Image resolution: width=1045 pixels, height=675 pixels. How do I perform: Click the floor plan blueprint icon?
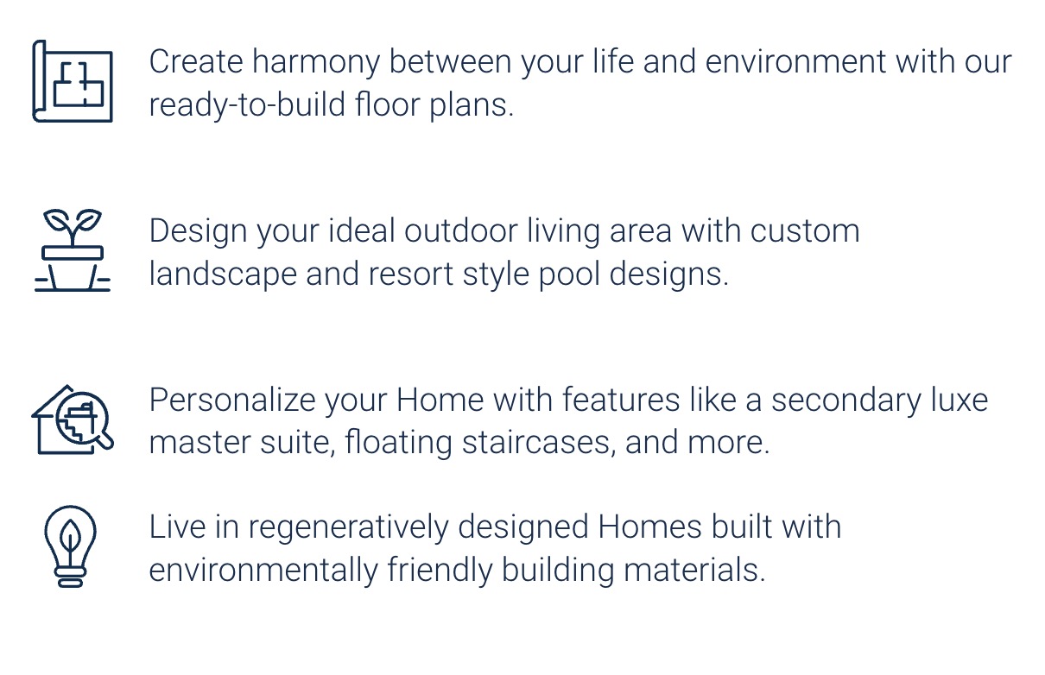(73, 81)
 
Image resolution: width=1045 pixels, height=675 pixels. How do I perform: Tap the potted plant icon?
(73, 250)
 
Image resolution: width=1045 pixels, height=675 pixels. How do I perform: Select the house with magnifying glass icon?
(73, 420)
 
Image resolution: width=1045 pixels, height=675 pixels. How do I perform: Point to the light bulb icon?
(71, 546)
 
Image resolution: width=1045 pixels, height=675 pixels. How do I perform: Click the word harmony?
(316, 63)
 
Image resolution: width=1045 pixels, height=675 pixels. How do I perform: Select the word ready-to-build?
(248, 105)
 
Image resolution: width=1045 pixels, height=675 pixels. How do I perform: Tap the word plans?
(472, 105)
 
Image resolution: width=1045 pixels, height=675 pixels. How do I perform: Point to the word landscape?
(223, 274)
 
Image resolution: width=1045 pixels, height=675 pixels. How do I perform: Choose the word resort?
(410, 274)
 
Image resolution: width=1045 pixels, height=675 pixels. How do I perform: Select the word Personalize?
(232, 400)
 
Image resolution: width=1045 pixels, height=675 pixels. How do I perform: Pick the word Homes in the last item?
(649, 527)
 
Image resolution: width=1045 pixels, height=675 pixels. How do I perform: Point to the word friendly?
(440, 571)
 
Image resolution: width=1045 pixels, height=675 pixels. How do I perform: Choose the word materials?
(695, 569)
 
